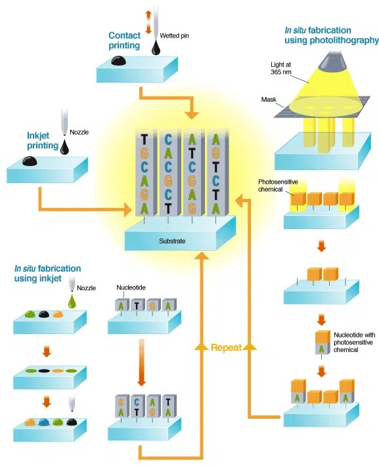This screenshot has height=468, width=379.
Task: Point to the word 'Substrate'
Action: (x=172, y=241)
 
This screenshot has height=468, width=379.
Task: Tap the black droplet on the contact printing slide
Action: (x=119, y=61)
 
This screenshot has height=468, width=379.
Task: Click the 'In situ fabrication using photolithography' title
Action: (x=330, y=35)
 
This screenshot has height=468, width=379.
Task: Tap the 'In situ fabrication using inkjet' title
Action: (x=47, y=274)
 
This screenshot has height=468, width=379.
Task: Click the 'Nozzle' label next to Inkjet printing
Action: (x=78, y=133)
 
